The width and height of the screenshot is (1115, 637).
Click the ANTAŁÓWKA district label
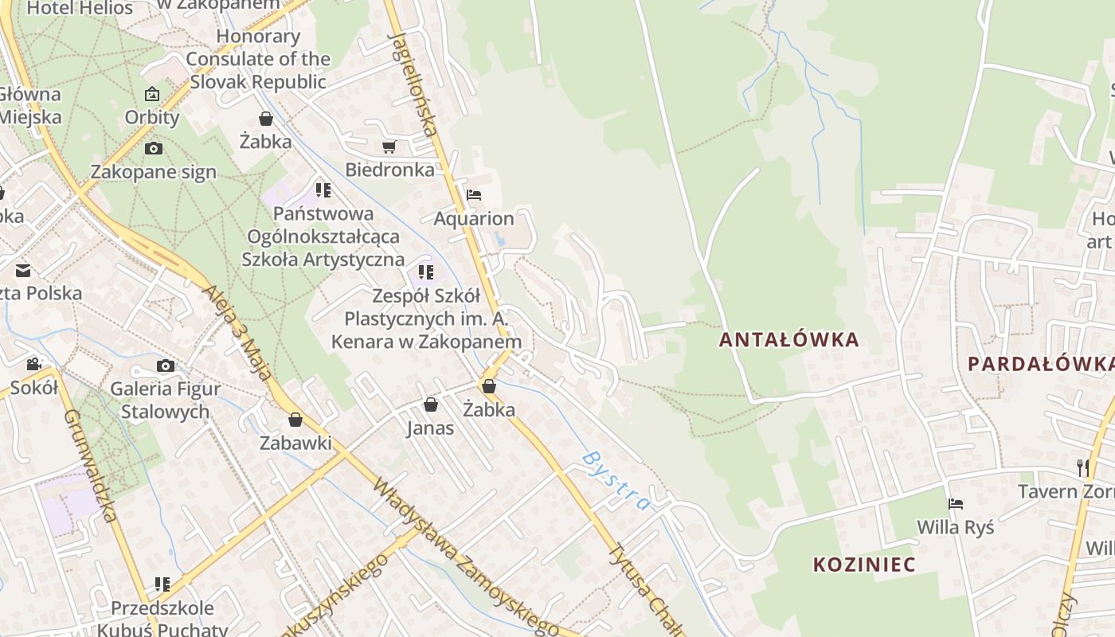pyautogui.click(x=788, y=340)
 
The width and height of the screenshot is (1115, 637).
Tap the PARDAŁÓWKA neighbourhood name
pyautogui.click(x=1040, y=364)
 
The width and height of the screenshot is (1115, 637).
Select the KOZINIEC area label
pyautogui.click(x=864, y=565)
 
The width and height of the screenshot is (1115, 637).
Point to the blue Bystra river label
pyautogui.click(x=616, y=480)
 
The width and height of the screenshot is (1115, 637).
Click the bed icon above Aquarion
pyautogui.click(x=474, y=195)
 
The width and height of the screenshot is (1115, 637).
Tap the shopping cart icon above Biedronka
pyautogui.click(x=389, y=147)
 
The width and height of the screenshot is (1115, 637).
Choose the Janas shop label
pyautogui.click(x=430, y=428)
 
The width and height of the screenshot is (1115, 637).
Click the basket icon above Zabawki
pyautogui.click(x=295, y=420)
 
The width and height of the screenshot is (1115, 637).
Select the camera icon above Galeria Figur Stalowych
pyautogui.click(x=166, y=365)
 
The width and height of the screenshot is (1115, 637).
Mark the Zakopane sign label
pyautogui.click(x=153, y=172)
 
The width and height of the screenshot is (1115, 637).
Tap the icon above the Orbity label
pyautogui.click(x=152, y=94)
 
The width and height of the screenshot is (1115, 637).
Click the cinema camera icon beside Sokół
pyautogui.click(x=33, y=364)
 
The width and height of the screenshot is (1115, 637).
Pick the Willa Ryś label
pyautogui.click(x=955, y=527)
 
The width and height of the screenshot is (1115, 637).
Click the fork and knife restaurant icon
pyautogui.click(x=1082, y=467)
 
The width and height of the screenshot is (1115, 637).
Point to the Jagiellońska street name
pyautogui.click(x=413, y=84)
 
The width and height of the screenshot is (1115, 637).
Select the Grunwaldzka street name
pyautogui.click(x=90, y=465)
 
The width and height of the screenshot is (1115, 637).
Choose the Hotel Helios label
pyautogui.click(x=80, y=9)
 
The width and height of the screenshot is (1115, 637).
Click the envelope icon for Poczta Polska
pyautogui.click(x=22, y=271)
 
